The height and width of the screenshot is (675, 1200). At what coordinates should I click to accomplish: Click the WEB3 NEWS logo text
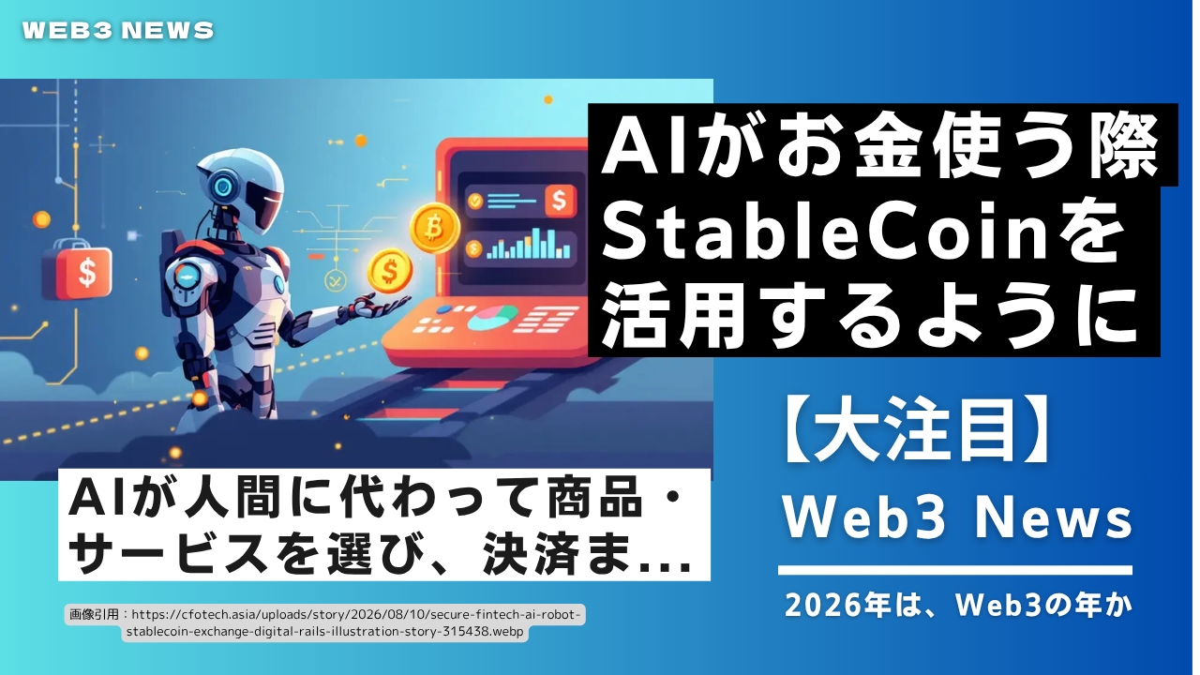click(118, 31)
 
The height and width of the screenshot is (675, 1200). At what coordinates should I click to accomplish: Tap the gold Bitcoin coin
click(434, 228)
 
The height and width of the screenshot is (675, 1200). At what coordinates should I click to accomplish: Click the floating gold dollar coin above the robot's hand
click(389, 271)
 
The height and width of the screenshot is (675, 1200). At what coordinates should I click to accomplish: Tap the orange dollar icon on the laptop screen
click(561, 202)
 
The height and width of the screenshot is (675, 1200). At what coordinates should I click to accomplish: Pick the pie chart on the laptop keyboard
click(493, 318)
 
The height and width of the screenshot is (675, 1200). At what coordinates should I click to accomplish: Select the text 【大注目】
click(917, 430)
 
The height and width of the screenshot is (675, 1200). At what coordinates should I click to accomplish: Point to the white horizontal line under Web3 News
click(955, 570)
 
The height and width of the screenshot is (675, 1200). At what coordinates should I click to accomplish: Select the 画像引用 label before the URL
click(94, 614)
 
